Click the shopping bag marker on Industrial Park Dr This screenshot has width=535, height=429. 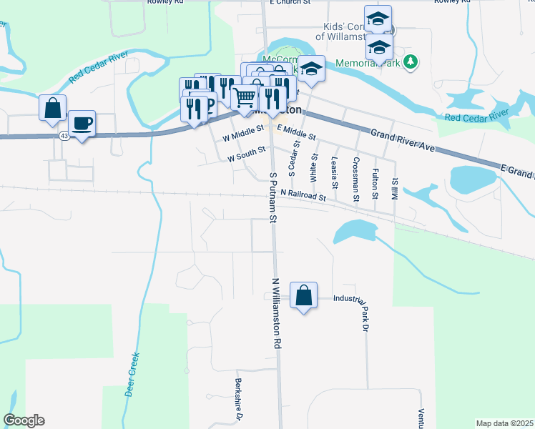tap(304, 295)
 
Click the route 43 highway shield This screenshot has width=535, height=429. tap(64, 135)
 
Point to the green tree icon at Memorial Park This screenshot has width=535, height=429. tap(410, 63)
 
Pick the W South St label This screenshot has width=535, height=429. tap(247, 154)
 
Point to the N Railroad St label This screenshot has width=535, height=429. tap(303, 194)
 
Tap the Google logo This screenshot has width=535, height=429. tap(24, 420)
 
